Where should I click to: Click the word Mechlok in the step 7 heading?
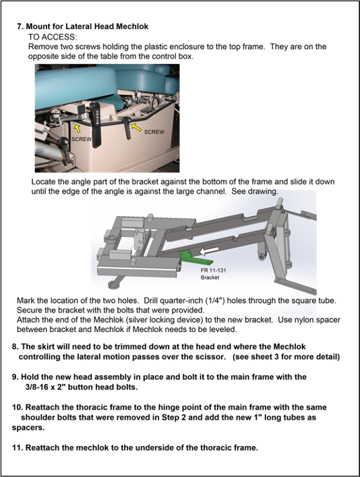132,26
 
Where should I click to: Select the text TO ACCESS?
53,37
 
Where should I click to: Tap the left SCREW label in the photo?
81,139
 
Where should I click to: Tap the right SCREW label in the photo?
154,132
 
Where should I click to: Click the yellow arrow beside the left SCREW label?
78,128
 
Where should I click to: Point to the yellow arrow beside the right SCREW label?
137,128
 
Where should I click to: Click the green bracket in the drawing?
196,258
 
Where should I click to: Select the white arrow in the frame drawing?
209,251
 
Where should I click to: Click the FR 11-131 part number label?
213,271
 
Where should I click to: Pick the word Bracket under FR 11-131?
210,277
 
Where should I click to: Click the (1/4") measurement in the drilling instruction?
215,300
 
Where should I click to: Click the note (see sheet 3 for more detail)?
286,356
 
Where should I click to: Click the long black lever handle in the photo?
96,125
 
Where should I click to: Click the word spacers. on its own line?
28,428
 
